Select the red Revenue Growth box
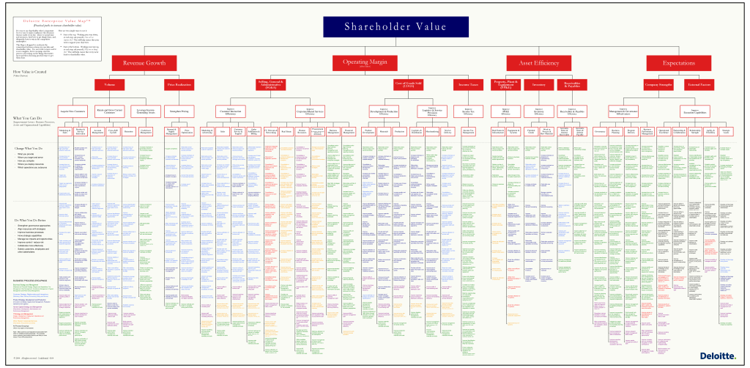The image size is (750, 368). pos(144,64)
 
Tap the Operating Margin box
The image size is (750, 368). pos(365,63)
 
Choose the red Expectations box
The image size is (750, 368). pos(678,64)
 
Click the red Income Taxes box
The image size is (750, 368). pos(468,85)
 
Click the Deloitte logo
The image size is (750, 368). pos(715,356)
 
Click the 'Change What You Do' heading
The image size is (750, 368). pos(29,148)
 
